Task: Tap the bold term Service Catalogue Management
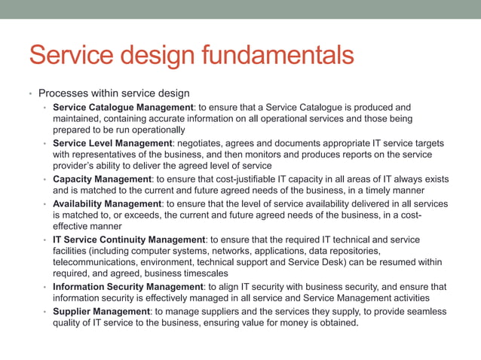click(x=123, y=107)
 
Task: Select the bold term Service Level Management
click(x=112, y=143)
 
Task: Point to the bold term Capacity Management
click(x=102, y=179)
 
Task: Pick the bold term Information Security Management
click(x=127, y=287)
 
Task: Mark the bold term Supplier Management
click(x=101, y=311)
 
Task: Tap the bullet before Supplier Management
click(x=45, y=311)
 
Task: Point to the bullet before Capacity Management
click(x=45, y=179)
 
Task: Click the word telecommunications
click(x=97, y=263)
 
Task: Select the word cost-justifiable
click(x=237, y=179)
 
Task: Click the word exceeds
click(x=149, y=215)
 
